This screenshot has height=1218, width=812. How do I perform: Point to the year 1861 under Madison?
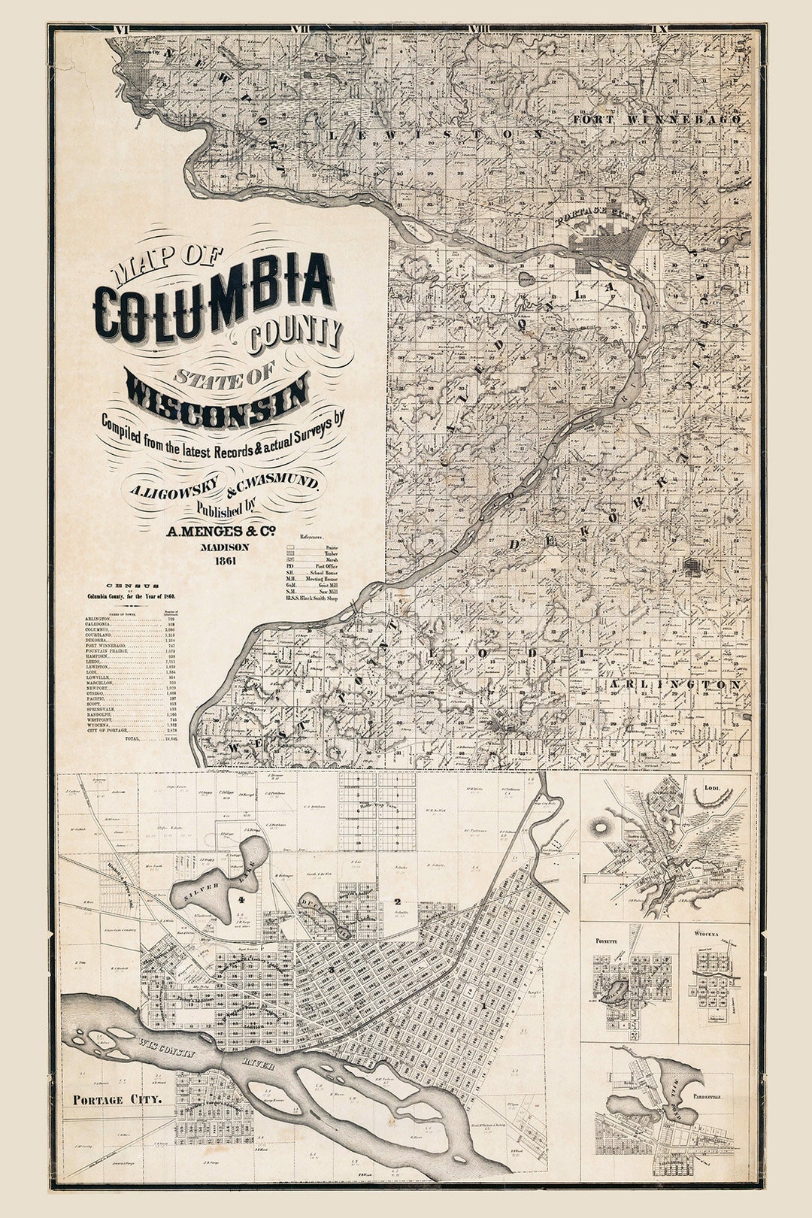[x=225, y=560]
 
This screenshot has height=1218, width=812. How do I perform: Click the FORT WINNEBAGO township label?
[x=656, y=119]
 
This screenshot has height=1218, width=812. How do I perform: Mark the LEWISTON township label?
[x=436, y=134]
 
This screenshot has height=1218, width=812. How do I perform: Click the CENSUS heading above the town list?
[x=132, y=586]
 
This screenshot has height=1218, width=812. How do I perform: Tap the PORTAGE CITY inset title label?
[x=117, y=1099]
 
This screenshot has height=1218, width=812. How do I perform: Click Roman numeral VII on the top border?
[x=301, y=29]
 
